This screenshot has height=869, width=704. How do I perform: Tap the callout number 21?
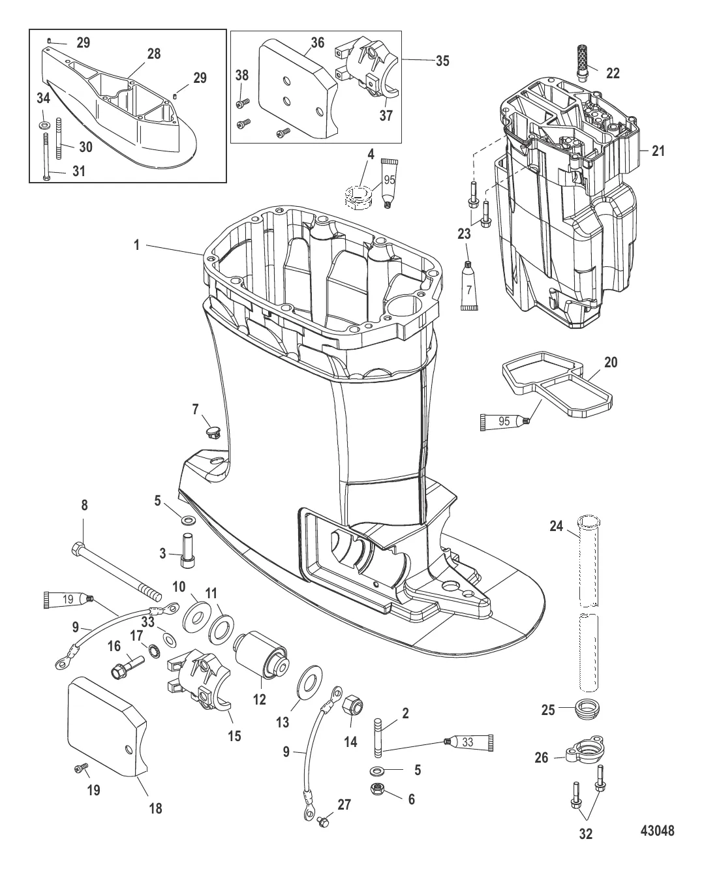click(658, 151)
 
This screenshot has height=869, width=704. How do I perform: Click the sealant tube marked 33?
click(469, 741)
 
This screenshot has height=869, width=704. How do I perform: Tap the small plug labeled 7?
click(212, 432)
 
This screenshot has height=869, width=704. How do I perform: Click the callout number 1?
click(137, 245)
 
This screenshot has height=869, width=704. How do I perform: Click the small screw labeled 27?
click(323, 823)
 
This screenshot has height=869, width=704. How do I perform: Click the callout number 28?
click(154, 54)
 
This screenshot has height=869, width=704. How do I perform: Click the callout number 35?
click(442, 61)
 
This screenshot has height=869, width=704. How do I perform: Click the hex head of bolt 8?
click(78, 548)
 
